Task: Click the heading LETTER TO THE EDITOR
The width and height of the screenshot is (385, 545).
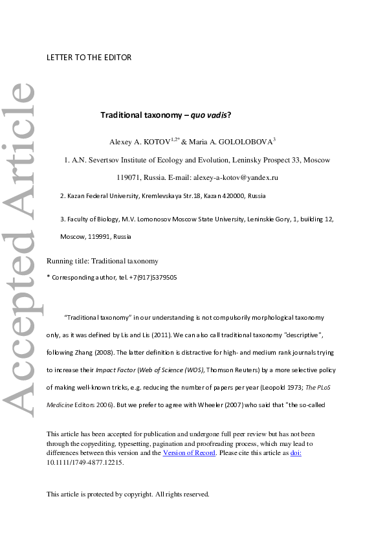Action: pos(89,58)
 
